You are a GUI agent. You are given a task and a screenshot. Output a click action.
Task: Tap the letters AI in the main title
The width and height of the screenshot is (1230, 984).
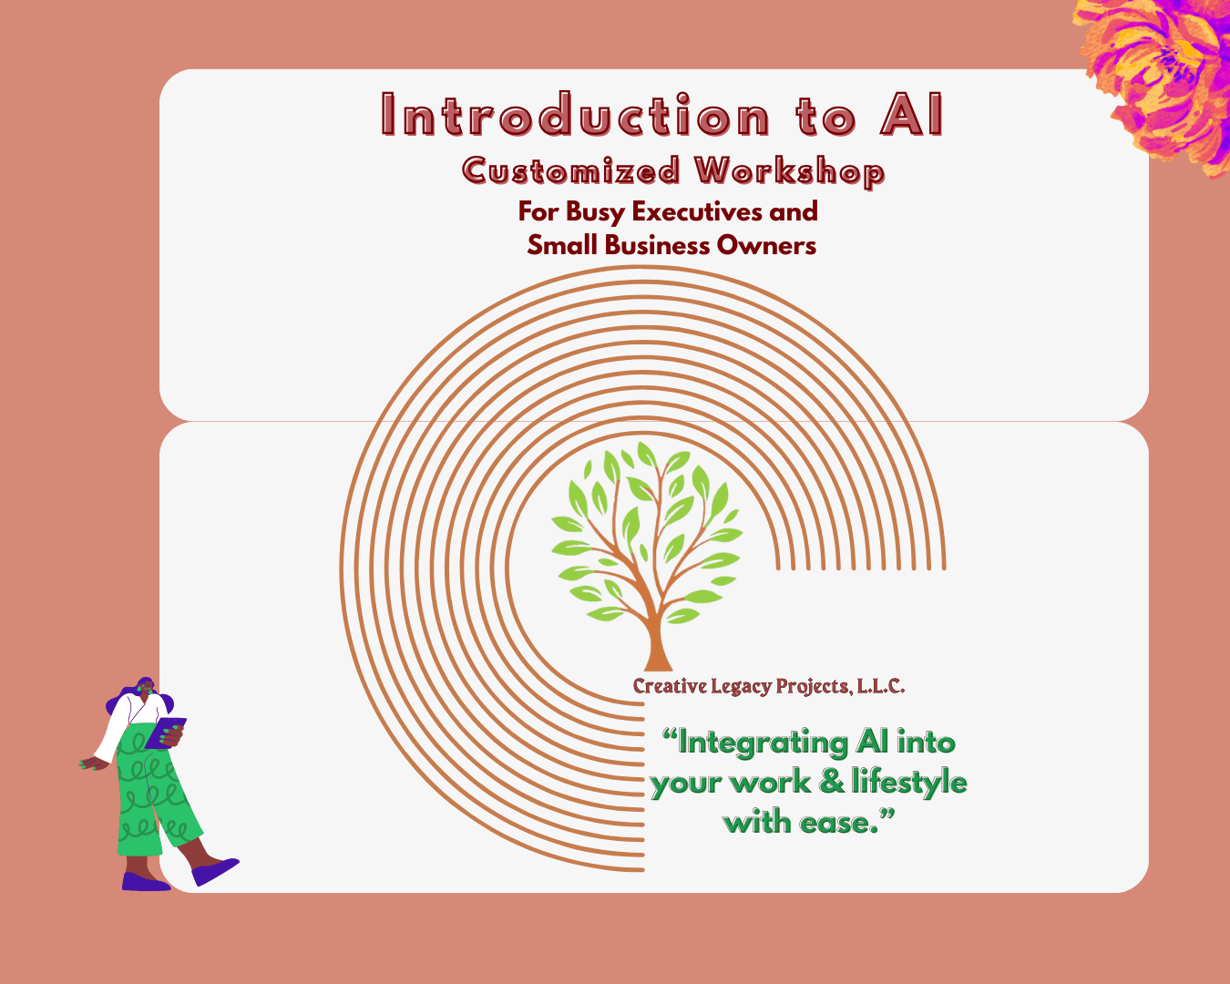point(911,116)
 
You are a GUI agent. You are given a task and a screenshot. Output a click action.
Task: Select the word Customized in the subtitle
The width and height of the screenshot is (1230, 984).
point(571,170)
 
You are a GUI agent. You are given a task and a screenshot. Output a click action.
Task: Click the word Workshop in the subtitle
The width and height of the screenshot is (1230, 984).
point(789,171)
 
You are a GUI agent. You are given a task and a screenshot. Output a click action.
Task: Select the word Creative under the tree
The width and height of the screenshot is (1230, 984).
point(670,686)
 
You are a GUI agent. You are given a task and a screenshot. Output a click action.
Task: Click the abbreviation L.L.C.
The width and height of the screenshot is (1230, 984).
point(880,686)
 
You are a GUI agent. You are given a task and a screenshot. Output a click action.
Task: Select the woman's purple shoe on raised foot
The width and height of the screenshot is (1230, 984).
point(215,870)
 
